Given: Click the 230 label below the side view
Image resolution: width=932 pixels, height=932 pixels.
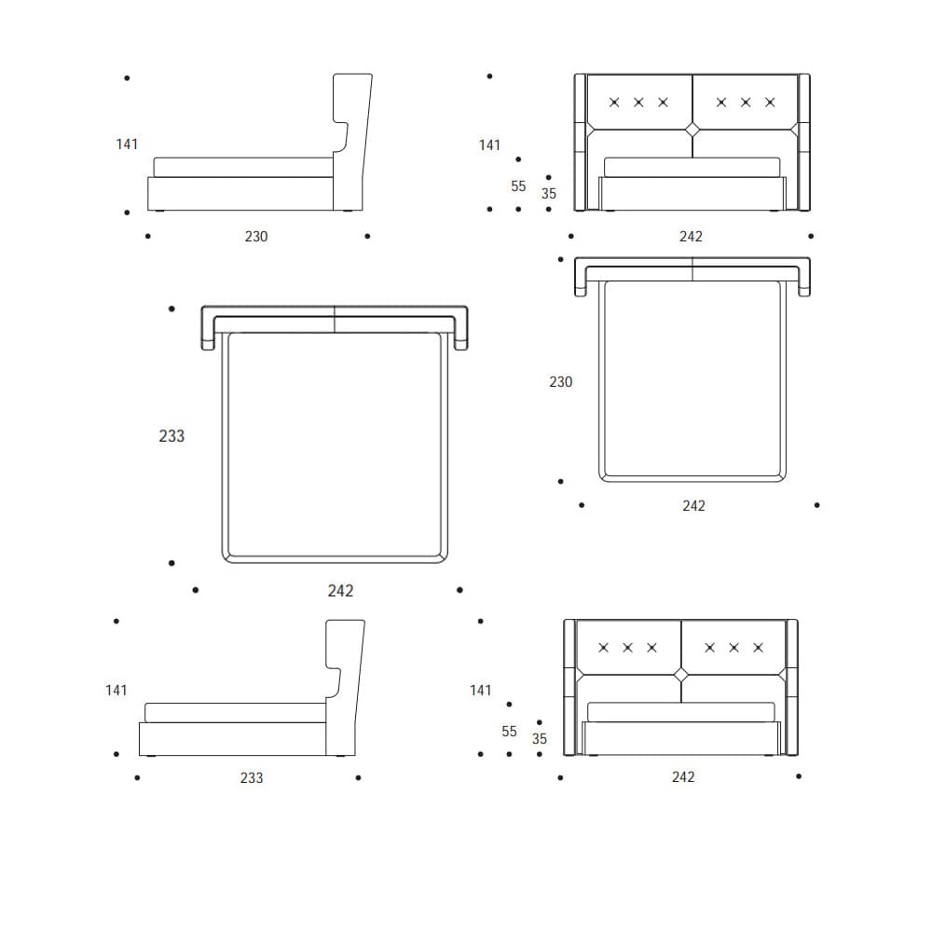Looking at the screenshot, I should [x=256, y=237].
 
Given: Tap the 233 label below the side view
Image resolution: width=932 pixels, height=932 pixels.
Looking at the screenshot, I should [x=252, y=777].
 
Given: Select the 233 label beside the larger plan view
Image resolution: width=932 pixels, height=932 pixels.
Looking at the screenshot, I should [x=171, y=435].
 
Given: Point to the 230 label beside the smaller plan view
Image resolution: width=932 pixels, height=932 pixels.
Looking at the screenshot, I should [x=561, y=382].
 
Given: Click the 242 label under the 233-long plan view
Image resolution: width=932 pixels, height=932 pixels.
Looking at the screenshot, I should [x=341, y=591].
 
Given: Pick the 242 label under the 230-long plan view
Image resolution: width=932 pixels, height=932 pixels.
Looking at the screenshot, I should [x=693, y=506].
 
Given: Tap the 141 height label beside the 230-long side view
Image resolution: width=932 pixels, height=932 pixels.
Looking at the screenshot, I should [x=127, y=144].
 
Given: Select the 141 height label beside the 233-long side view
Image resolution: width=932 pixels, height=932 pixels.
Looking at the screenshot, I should [x=116, y=691].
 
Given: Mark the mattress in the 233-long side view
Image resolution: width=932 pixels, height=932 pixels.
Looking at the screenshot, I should [x=235, y=712].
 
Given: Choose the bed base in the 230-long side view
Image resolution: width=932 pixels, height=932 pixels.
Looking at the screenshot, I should [x=240, y=193].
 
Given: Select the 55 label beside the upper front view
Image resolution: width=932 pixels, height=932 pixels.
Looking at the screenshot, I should [x=518, y=186].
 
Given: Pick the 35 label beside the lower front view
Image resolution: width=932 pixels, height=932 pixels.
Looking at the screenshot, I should [x=540, y=739].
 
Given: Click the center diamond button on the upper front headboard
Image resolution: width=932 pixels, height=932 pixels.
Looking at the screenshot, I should [x=692, y=130].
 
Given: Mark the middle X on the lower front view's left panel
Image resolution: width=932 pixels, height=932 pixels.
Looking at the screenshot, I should [x=627, y=647].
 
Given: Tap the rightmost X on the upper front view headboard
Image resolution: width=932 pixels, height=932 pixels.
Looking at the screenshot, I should [x=770, y=102].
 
